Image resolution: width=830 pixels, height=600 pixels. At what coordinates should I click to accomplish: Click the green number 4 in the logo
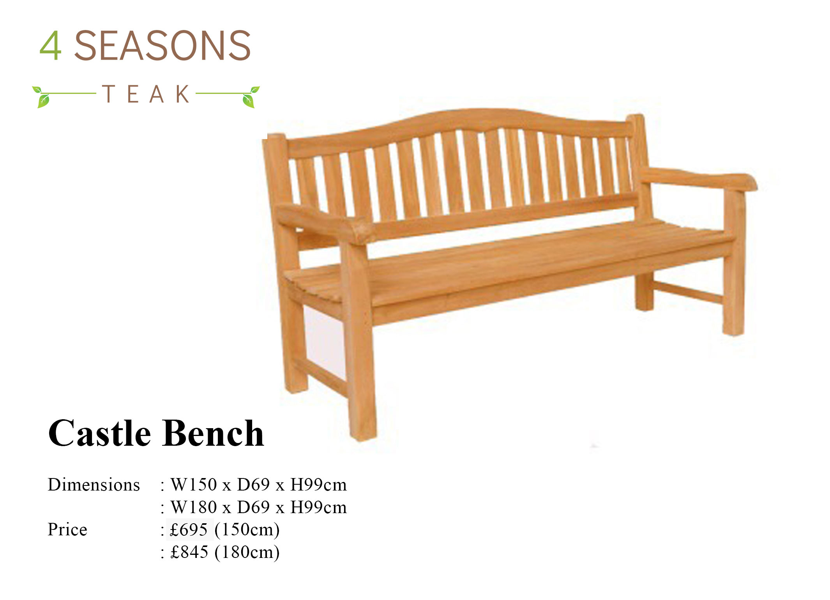pos(50,46)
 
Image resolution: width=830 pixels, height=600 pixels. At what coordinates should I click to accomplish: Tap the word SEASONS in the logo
pos(162,46)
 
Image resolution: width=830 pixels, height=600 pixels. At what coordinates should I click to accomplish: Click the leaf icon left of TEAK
pos(42,97)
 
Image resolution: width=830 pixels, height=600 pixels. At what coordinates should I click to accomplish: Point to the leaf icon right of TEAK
pos(250,97)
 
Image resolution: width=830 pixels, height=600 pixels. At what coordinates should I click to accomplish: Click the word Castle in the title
pos(100,433)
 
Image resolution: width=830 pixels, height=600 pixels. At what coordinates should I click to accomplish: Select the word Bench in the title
pos(213,433)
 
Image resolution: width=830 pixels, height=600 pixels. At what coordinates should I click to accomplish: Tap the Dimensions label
pos(94,485)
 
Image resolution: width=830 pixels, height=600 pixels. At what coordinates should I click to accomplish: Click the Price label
pos(67,530)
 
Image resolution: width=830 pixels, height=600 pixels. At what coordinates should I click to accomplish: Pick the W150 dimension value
pos(194,485)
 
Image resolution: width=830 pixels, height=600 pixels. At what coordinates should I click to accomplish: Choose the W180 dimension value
pos(194,507)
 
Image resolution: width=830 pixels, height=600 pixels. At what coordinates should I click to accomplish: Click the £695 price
pos(189,530)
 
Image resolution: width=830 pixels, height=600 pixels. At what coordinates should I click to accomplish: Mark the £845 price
pos(189,552)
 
